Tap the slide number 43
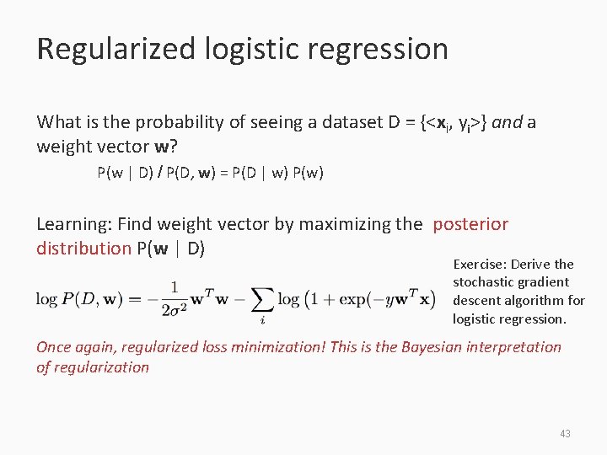565,433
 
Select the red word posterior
470,224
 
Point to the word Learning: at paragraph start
75,224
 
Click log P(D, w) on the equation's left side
79,300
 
